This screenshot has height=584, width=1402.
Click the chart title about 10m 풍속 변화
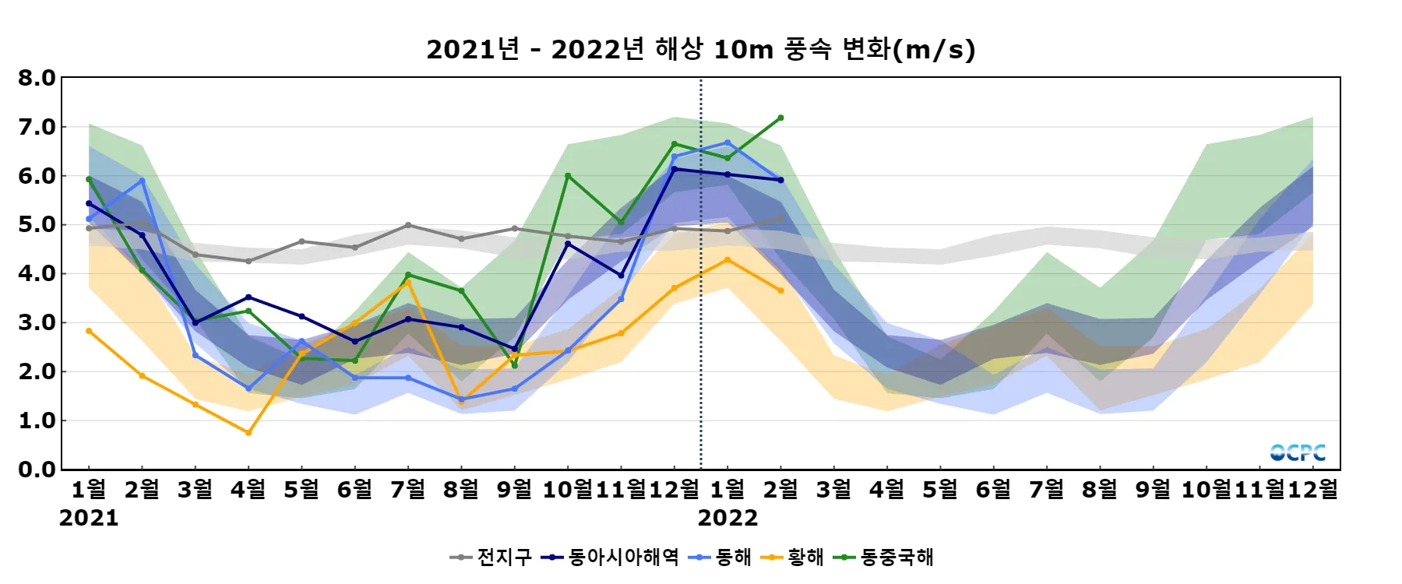click(x=700, y=49)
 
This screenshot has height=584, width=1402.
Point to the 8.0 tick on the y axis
click(x=37, y=78)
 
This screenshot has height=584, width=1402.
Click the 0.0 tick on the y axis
click(x=37, y=470)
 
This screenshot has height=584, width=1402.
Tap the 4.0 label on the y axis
click(x=37, y=273)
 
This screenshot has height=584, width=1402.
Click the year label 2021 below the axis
click(x=89, y=518)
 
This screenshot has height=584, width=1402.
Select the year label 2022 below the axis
click(x=727, y=518)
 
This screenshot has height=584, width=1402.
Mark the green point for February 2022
click(x=780, y=118)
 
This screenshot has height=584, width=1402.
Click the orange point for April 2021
click(x=248, y=433)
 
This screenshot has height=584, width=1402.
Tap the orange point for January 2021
click(x=89, y=331)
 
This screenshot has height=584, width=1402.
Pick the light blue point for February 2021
click(x=142, y=181)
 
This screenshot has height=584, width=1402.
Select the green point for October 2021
click(x=568, y=176)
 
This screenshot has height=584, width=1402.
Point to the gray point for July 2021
click(x=408, y=225)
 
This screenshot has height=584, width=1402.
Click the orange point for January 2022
click(x=727, y=260)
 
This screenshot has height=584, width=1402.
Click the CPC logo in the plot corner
click(x=1298, y=452)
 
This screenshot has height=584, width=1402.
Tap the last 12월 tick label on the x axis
click(x=1313, y=489)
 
